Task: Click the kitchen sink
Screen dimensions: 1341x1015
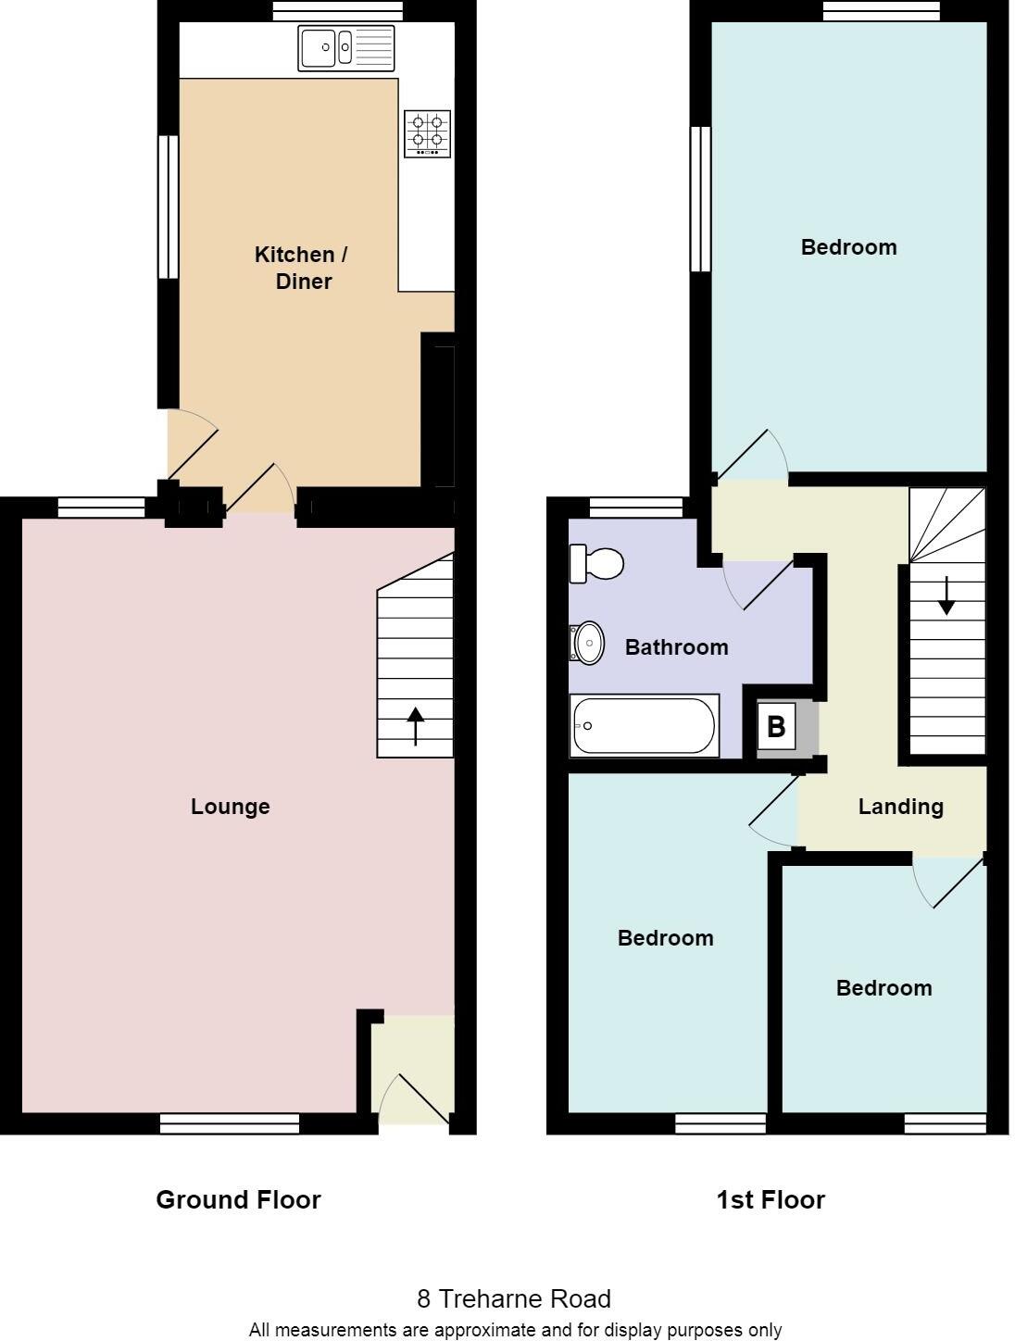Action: coord(345,47)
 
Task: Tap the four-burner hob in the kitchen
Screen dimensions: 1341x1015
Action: coord(427,133)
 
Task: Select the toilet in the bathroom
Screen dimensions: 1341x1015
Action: coord(595,563)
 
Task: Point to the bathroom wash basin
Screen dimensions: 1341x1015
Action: coord(587,643)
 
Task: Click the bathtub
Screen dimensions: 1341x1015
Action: coord(644,726)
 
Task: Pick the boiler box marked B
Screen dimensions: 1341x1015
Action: coord(776,727)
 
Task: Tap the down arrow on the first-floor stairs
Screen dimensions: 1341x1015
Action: coord(946,595)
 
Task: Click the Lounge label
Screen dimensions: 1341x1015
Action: coord(231,807)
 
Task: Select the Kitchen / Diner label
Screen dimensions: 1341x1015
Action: coord(301,268)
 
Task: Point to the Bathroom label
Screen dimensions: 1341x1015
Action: coord(676,647)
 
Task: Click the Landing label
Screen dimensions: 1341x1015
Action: coord(900,807)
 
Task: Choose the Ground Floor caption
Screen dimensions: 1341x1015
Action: coord(238,1200)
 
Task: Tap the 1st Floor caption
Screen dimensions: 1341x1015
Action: coord(771,1200)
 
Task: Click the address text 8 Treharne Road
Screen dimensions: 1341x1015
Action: coord(514,1298)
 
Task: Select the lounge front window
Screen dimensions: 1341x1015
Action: coord(230,1123)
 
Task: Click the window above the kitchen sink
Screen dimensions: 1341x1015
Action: coord(338,11)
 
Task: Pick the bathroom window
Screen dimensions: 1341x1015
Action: coord(635,507)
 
